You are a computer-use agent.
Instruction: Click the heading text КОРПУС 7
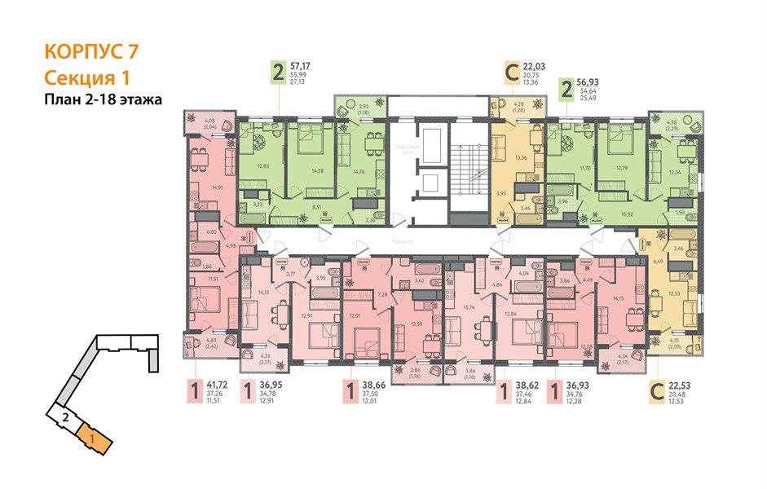point(90,51)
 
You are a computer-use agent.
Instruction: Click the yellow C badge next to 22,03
point(512,73)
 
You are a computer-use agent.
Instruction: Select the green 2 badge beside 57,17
point(279,73)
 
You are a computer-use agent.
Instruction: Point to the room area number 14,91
point(217,187)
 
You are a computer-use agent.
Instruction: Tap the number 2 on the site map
point(64,418)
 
